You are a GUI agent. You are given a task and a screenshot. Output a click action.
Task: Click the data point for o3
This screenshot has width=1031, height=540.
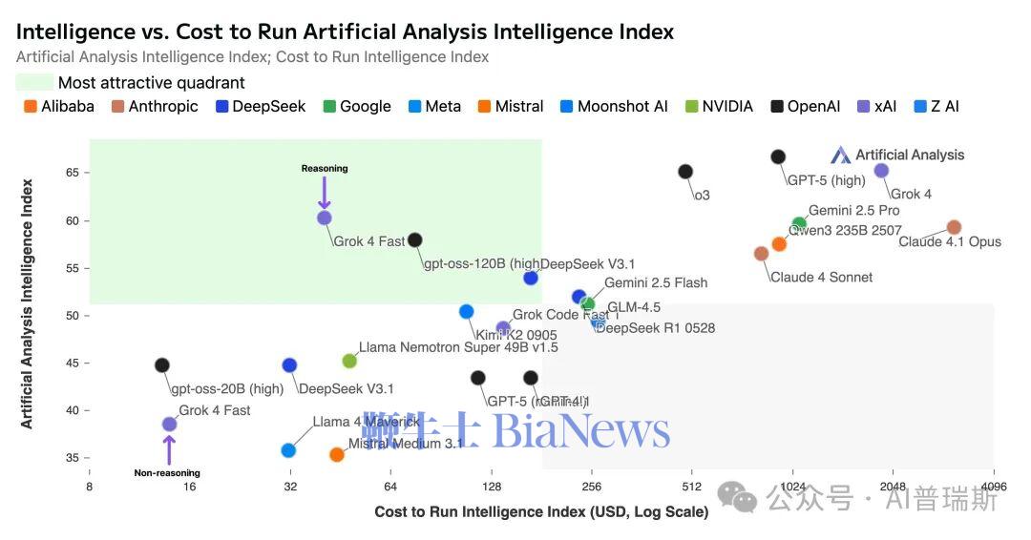click(685, 172)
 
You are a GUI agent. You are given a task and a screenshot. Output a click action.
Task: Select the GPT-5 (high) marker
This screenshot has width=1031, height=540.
click(778, 156)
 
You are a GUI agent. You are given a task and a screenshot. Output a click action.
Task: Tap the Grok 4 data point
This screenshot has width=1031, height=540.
click(881, 171)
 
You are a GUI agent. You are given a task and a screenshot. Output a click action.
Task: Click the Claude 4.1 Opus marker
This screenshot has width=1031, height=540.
click(954, 227)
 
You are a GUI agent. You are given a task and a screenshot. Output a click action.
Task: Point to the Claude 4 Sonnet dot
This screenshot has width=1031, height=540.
click(761, 254)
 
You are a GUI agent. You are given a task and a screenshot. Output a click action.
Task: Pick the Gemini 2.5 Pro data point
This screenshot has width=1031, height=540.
click(799, 224)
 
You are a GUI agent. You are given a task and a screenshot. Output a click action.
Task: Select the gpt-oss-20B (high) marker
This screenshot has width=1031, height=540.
click(162, 365)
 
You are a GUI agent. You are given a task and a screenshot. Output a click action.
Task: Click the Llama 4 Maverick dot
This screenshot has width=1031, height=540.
click(288, 450)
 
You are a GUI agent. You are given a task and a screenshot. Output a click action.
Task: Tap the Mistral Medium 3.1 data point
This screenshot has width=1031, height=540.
click(337, 455)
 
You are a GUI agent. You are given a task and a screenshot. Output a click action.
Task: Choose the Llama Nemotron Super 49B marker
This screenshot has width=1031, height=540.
click(349, 361)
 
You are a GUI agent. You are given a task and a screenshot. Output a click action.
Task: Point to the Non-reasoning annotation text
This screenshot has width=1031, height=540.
click(167, 473)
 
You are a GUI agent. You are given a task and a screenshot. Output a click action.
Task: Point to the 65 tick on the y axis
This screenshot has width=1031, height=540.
click(73, 173)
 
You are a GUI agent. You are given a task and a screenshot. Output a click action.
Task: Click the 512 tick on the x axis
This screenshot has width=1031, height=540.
click(692, 487)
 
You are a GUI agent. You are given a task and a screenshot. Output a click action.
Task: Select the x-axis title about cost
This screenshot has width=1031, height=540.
click(541, 512)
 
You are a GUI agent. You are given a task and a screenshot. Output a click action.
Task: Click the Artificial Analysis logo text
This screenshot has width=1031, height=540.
click(909, 155)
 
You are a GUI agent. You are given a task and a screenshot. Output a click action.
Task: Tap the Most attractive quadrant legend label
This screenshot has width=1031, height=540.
click(152, 83)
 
